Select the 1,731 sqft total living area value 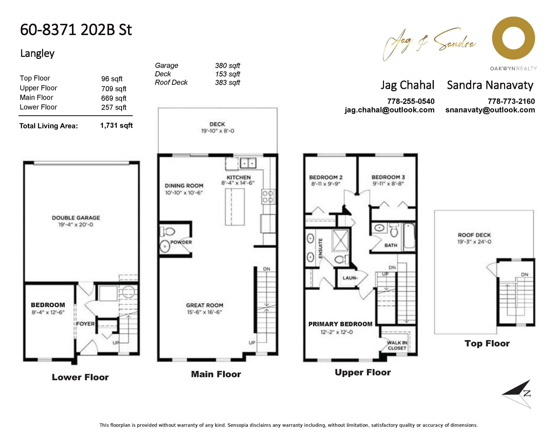tap(117, 125)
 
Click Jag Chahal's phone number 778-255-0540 tap(411, 101)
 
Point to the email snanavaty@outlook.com tap(490, 110)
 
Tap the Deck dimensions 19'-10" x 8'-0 tap(217, 131)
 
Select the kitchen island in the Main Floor tap(235, 207)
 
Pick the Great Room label tap(205, 305)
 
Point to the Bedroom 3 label tap(388, 177)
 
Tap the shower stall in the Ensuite tap(340, 240)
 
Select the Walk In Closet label tap(397, 345)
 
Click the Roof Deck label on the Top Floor tap(474, 235)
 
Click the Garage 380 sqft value tap(228, 66)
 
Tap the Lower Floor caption tap(80, 377)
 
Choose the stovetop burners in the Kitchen tap(268, 197)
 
